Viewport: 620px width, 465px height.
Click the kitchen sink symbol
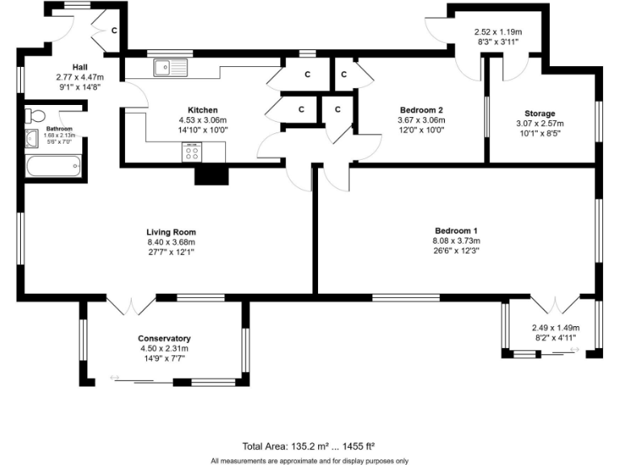tap(172, 68)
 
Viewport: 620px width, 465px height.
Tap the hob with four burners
tap(193, 152)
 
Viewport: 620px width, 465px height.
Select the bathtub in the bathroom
tap(53, 167)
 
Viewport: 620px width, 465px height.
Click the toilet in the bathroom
tap(36, 114)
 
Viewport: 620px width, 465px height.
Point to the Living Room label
tap(171, 232)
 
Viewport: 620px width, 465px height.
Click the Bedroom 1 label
tap(458, 230)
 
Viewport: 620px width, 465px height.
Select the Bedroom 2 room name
tap(421, 110)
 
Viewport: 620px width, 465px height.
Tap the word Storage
tap(540, 114)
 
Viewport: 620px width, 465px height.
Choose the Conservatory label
tap(164, 338)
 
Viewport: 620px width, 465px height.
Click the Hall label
tap(79, 67)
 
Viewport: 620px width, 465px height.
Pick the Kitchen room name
tap(203, 110)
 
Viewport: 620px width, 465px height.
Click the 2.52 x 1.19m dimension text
tap(496, 33)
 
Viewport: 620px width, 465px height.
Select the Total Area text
tap(309, 446)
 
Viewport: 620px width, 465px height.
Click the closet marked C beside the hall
tap(114, 31)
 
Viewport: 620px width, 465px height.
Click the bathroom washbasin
tap(32, 139)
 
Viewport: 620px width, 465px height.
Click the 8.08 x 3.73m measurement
tap(458, 240)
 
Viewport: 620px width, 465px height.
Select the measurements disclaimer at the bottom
tap(309, 460)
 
